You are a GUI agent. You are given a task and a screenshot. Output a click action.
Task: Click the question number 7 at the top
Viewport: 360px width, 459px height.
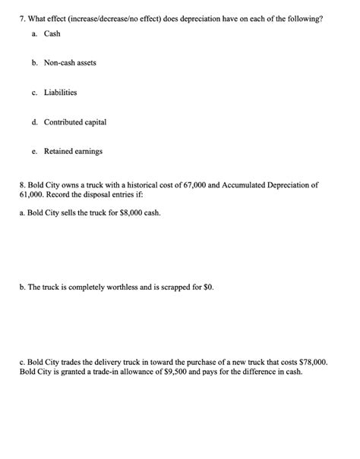[x=22, y=17]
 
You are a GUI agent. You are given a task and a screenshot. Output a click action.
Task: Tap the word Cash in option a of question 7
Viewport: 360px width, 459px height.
[x=52, y=34]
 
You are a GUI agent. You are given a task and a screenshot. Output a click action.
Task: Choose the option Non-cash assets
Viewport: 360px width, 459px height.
[x=70, y=62]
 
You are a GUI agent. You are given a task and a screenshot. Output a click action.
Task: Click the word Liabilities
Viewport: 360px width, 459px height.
[x=60, y=92]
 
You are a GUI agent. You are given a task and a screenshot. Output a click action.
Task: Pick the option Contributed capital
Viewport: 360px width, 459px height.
[x=75, y=121]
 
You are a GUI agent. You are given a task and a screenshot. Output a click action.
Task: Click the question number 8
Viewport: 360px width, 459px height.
[x=22, y=184]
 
